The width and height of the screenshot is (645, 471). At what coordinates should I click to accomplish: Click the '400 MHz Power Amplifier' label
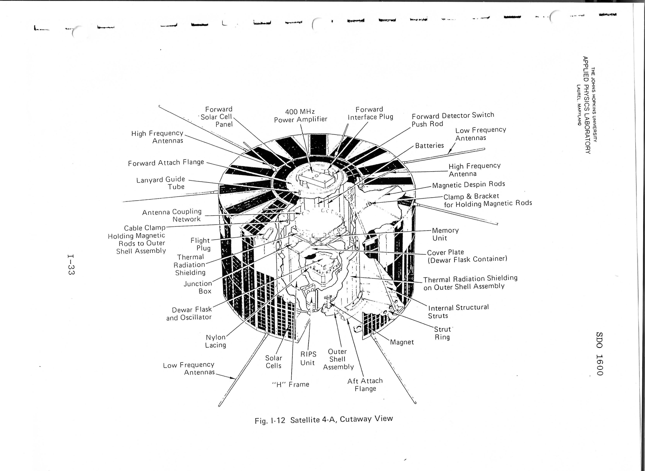pos(301,115)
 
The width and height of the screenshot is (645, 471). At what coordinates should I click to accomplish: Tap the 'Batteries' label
pos(429,145)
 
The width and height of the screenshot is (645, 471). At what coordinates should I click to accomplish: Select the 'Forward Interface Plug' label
pos(370,113)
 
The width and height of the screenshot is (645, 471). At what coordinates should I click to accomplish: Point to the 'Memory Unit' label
pos(445,234)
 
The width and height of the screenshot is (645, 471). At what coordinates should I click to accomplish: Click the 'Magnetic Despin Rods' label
pos(469,185)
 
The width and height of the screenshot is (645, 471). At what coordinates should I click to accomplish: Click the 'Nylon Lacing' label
pos(216,341)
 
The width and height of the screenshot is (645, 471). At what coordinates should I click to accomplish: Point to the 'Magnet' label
pos(402,342)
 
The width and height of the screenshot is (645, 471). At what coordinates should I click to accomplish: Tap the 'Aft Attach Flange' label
pos(365,385)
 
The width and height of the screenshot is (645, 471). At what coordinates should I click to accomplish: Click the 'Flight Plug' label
pos(201,244)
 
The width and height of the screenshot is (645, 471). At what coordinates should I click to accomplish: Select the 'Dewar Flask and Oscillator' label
pos(189,313)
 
